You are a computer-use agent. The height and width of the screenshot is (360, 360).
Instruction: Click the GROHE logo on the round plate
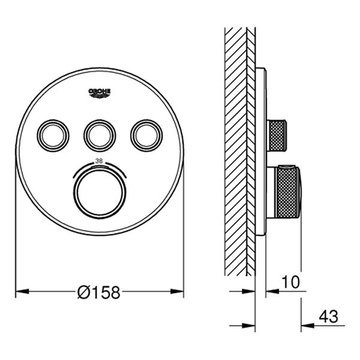[x=100, y=92]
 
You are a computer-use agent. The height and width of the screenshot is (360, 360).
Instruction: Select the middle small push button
[x=99, y=135]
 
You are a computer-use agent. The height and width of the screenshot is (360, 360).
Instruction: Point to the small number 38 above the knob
[x=100, y=161]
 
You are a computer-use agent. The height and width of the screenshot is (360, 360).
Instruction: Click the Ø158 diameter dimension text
[x=99, y=292]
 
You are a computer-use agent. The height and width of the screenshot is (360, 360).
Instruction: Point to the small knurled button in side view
[x=278, y=135]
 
